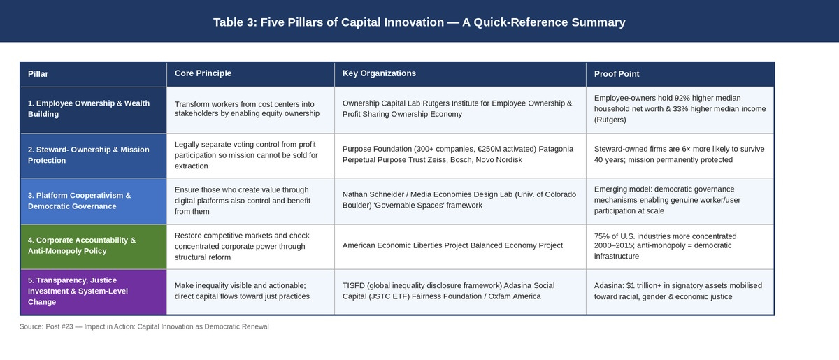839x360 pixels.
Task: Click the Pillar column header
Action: point(38,74)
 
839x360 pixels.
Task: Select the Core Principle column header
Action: point(203,73)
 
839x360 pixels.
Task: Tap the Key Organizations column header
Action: point(379,73)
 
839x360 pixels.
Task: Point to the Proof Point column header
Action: point(617,74)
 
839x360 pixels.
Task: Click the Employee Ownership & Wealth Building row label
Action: point(89,108)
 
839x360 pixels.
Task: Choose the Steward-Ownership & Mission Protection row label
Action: point(88,155)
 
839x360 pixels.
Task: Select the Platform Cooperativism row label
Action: point(80,201)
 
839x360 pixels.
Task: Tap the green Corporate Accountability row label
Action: point(82,245)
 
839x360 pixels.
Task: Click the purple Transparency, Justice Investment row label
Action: point(78,291)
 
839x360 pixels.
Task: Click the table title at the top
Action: point(419,22)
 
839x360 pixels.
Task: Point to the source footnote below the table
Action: point(144,326)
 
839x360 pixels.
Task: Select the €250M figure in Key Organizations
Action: point(489,149)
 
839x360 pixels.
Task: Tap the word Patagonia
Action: point(556,149)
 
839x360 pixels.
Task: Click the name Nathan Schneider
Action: point(375,194)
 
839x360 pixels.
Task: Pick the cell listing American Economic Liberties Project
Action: point(460,246)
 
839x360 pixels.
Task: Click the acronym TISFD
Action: point(354,285)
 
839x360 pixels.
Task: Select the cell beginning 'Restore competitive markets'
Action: point(250,247)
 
